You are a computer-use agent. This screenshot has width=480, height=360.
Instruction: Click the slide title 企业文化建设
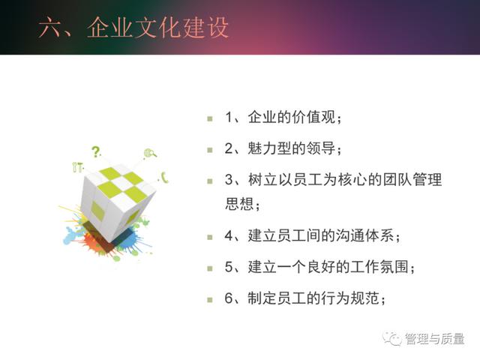pyautogui.click(x=157, y=28)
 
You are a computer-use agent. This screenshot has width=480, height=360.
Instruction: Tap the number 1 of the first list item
pyautogui.click(x=229, y=117)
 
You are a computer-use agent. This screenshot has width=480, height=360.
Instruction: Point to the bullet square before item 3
pyautogui.click(x=210, y=181)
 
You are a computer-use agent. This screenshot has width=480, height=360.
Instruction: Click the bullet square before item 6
pyautogui.click(x=210, y=300)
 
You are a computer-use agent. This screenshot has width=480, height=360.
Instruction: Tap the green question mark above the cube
pyautogui.click(x=96, y=151)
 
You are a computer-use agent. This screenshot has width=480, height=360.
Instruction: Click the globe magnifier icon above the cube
pyautogui.click(x=150, y=153)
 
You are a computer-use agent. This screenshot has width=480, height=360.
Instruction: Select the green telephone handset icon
pyautogui.click(x=165, y=178)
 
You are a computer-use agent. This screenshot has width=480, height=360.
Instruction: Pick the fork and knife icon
pyautogui.click(x=77, y=166)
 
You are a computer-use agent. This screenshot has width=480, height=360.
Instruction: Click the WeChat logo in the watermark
pyautogui.click(x=391, y=338)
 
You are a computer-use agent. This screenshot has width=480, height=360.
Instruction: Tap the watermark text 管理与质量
pyautogui.click(x=435, y=339)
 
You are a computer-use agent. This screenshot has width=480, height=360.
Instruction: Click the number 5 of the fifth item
pyautogui.click(x=229, y=267)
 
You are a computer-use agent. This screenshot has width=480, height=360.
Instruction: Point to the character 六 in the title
pyautogui.click(x=51, y=28)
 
